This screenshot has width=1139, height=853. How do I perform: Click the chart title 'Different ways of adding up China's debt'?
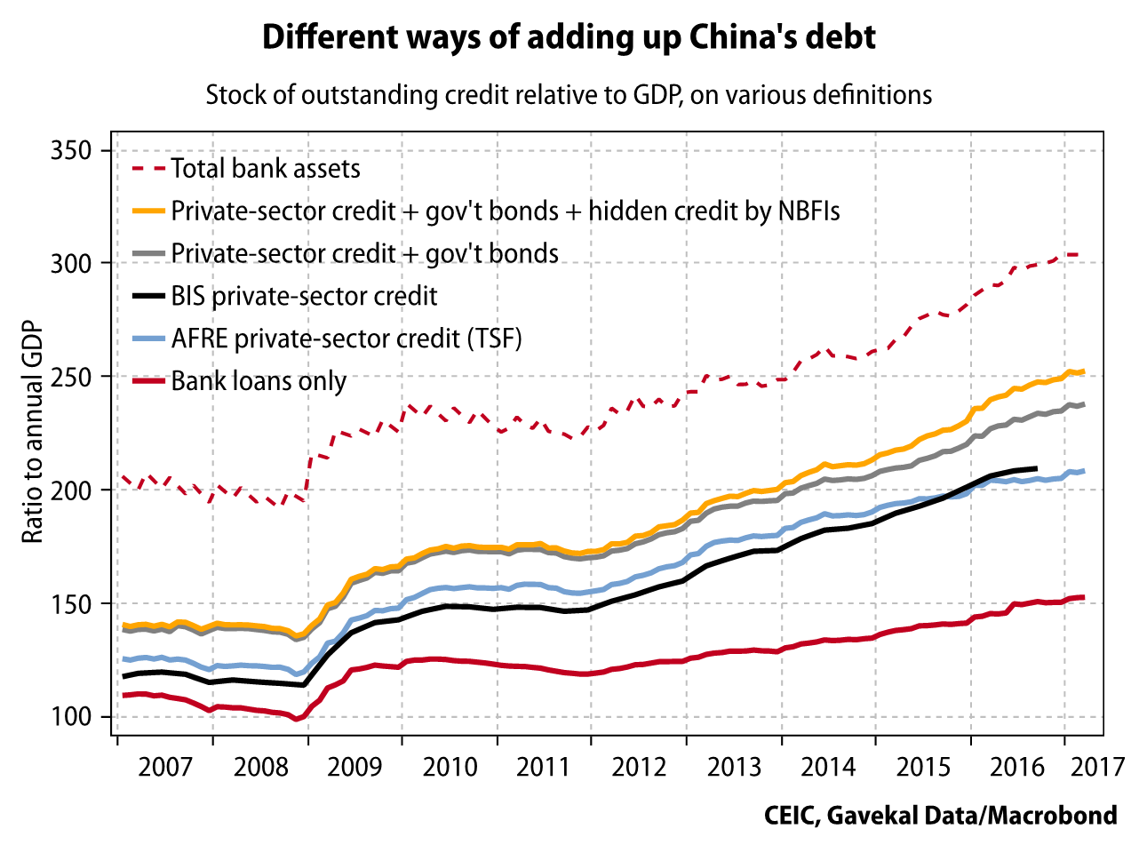[569, 37]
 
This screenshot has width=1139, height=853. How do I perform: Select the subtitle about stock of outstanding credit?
[569, 95]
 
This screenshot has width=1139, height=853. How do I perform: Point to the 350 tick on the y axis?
[72, 150]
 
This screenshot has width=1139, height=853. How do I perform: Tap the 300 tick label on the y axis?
[72, 263]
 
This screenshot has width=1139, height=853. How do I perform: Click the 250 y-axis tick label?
[72, 377]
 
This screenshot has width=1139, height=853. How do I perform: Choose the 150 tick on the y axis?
[72, 603]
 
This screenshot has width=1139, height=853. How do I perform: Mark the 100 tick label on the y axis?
[72, 716]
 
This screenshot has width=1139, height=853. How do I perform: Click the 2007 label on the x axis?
[165, 767]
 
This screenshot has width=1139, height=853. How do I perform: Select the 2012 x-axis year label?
[639, 767]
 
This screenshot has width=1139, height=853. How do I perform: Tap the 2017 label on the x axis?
[1098, 767]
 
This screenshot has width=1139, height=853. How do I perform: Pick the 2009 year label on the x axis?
[354, 767]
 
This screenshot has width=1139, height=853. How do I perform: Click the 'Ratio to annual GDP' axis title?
[33, 432]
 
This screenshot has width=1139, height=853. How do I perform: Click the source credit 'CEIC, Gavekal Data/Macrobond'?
[940, 816]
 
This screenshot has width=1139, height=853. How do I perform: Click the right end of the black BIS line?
[1036, 468]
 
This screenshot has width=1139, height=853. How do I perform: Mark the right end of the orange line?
[1082, 372]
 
